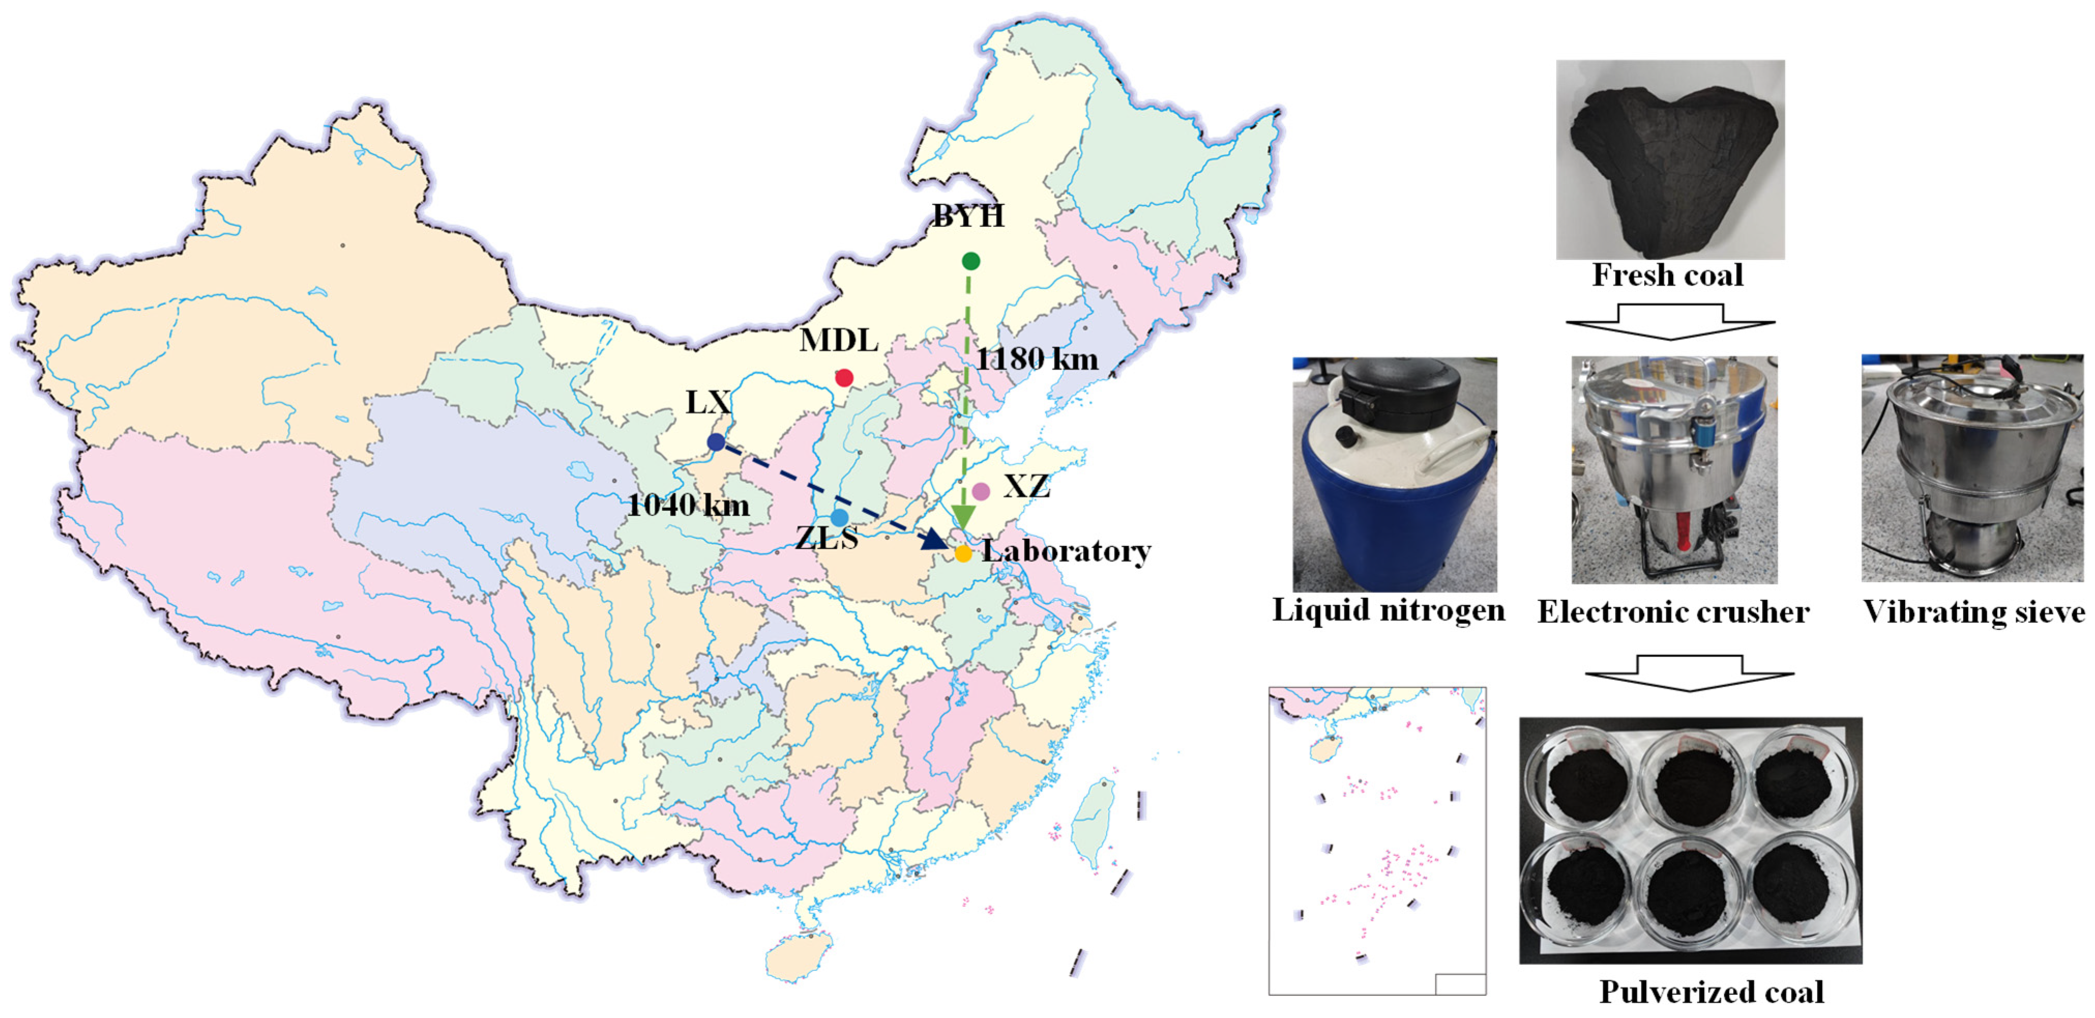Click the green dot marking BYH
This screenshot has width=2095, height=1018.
(970, 261)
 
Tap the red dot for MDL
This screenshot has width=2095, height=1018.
(844, 378)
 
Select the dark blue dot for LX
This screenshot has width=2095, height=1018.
(716, 442)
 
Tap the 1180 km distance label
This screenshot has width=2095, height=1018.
(1037, 359)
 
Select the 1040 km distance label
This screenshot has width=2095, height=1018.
(688, 505)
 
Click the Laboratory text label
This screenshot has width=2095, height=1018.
(1066, 551)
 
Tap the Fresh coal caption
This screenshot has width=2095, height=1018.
(1667, 275)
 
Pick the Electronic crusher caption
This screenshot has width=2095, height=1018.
(1673, 612)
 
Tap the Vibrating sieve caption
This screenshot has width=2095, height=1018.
(1974, 612)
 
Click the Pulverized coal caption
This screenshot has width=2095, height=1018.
(1711, 992)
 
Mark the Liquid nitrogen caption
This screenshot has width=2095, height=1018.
(1388, 610)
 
